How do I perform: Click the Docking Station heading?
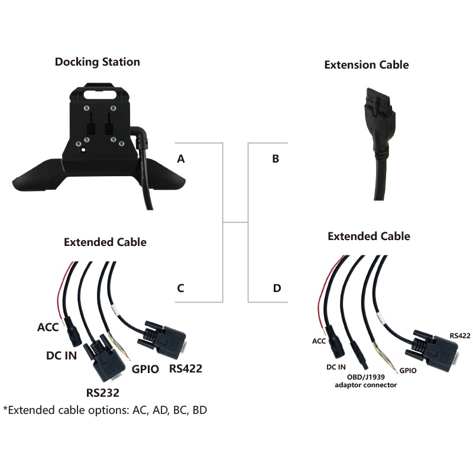pyautogui.click(x=98, y=61)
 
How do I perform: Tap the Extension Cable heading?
pyautogui.click(x=367, y=64)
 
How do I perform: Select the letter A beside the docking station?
pyautogui.click(x=181, y=158)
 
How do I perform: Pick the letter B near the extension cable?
pyautogui.click(x=276, y=158)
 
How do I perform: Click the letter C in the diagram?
pyautogui.click(x=181, y=289)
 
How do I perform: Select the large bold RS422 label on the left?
pyautogui.click(x=186, y=369)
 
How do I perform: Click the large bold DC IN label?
pyautogui.click(x=61, y=356)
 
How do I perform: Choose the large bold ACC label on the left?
pyautogui.click(x=48, y=327)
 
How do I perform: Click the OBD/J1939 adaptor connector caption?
pyautogui.click(x=366, y=380)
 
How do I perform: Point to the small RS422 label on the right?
pyautogui.click(x=459, y=335)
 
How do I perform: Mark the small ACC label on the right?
pyautogui.click(x=319, y=341)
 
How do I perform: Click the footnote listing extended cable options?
pyautogui.click(x=105, y=409)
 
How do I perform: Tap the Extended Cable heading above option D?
pyautogui.click(x=369, y=237)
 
